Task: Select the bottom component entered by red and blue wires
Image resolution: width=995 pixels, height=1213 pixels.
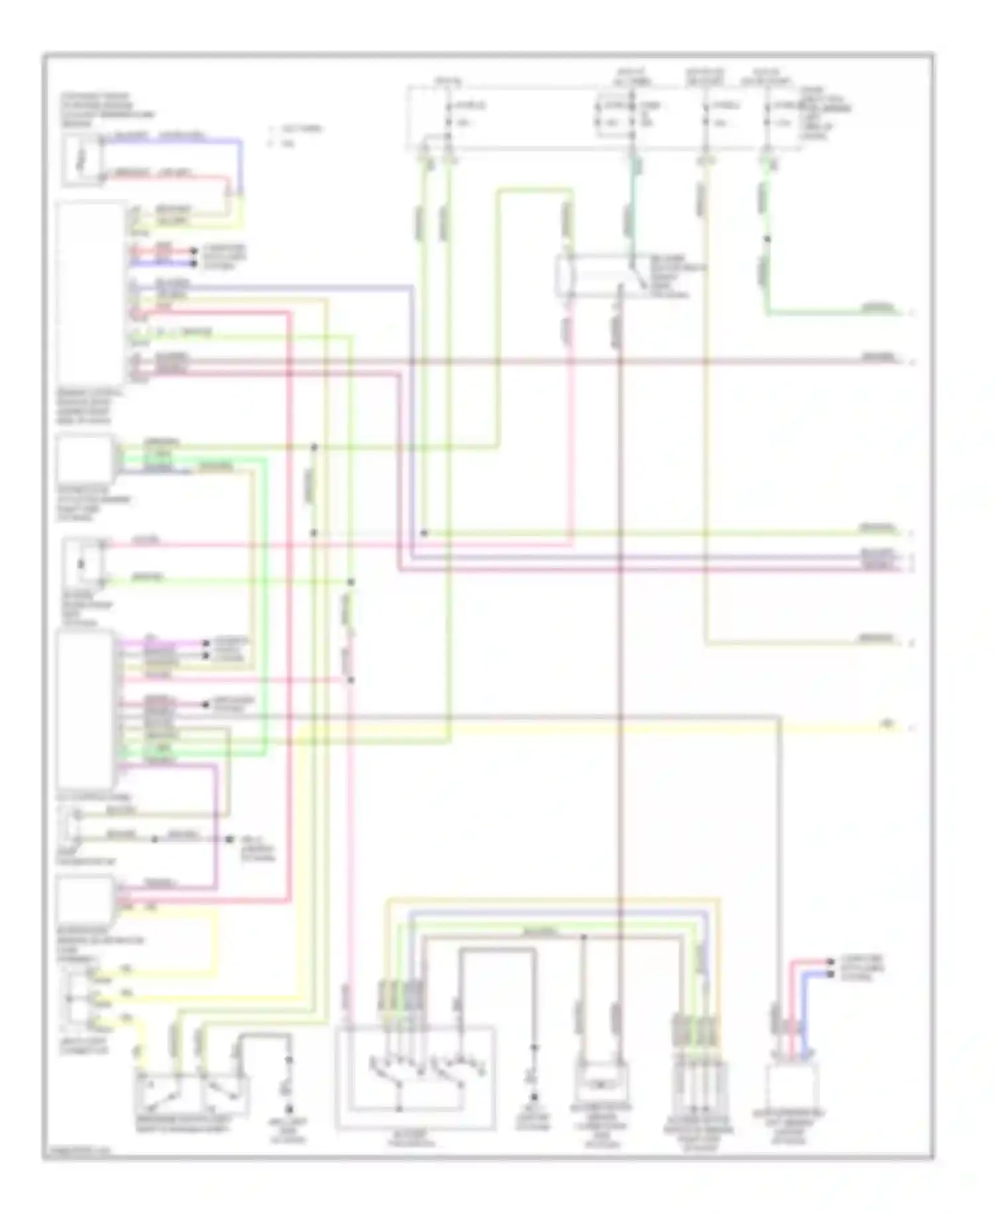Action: [791, 1086]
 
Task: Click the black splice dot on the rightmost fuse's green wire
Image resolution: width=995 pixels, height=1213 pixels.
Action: [767, 239]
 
